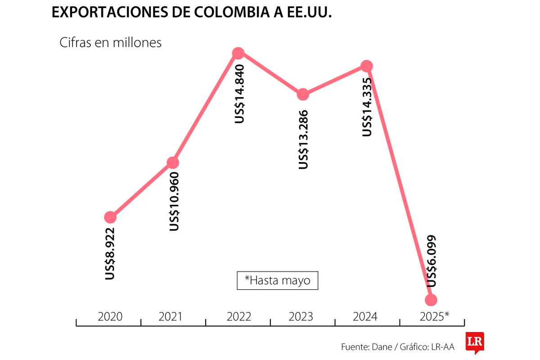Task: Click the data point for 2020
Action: coord(110,217)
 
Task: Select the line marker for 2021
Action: coord(173,162)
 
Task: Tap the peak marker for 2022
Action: coord(238,53)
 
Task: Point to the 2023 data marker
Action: coord(303,94)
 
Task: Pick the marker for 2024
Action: coord(367,66)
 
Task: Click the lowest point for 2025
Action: coord(431,300)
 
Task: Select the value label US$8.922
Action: coord(110,254)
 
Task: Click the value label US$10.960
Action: coord(174,202)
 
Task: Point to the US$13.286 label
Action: coord(304,139)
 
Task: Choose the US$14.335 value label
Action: coord(368,106)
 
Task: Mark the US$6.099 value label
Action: coord(431,261)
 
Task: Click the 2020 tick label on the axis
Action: coord(110,317)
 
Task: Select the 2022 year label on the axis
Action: coord(238,317)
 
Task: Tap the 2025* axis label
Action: coord(434,317)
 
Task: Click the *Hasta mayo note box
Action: coord(277,280)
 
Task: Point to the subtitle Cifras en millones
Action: coord(110,43)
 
